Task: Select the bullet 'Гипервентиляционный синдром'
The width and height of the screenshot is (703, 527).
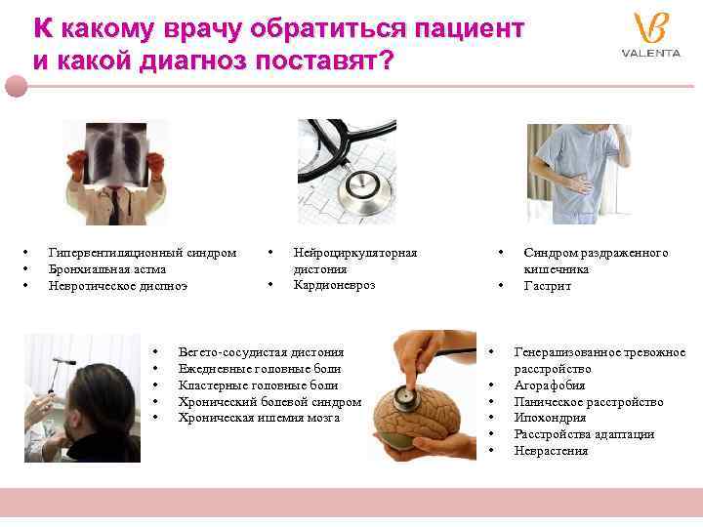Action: (142, 253)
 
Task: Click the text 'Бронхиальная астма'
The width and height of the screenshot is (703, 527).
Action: (106, 269)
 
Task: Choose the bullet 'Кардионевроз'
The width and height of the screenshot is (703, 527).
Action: (334, 285)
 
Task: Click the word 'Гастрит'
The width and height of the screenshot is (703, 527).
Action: (547, 286)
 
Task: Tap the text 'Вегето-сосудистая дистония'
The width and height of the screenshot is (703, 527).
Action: (261, 352)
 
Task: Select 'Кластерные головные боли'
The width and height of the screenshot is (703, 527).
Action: (259, 385)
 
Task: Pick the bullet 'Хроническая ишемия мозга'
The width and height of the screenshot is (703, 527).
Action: (259, 418)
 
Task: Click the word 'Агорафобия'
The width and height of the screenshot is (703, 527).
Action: (549, 385)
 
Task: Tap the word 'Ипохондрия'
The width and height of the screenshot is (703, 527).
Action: (550, 418)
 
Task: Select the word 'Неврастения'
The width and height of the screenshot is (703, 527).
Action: (551, 451)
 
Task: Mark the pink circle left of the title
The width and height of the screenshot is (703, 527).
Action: (15, 85)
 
